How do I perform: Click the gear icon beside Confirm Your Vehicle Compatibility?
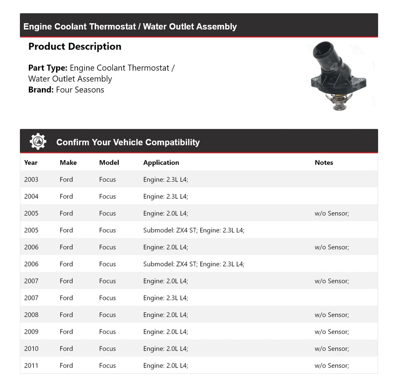[38, 142]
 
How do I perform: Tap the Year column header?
[31, 162]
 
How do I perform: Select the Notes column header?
[324, 162]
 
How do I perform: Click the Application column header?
[161, 162]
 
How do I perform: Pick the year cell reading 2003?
[31, 179]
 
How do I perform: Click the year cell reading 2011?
[31, 365]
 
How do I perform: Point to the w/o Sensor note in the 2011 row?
[332, 365]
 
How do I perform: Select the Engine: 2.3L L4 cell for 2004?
[165, 196]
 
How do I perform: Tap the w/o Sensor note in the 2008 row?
[332, 314]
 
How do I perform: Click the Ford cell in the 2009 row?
[66, 331]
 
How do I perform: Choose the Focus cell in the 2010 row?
[107, 348]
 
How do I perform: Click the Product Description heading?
[75, 46]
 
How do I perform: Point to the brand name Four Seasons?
[80, 89]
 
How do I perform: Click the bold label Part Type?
[48, 68]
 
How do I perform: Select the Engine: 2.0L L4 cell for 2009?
[165, 331]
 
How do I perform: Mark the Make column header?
[68, 162]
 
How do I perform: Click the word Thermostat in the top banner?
[112, 27]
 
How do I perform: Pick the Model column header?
[109, 162]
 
